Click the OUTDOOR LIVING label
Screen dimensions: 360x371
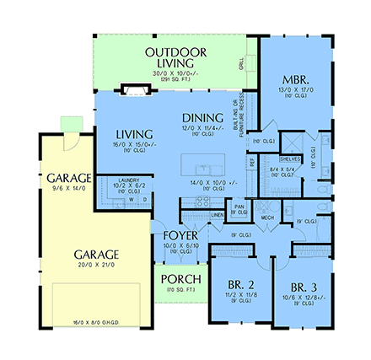175,57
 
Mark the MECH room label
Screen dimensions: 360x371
267,218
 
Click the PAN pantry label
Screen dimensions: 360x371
239,205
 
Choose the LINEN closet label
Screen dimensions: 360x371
217,216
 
